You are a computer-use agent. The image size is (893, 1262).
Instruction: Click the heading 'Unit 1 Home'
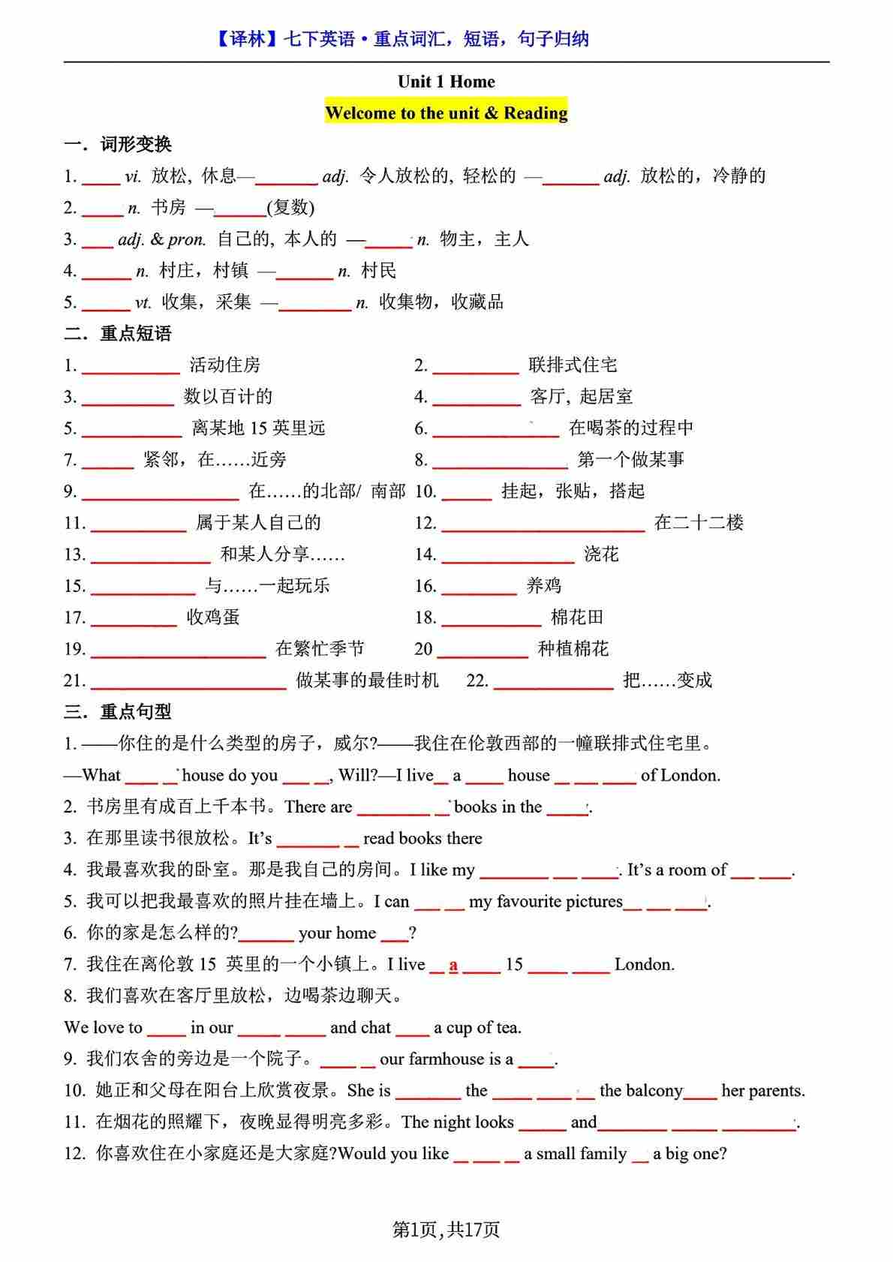tap(446, 82)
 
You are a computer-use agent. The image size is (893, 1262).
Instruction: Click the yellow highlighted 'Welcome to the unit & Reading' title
tap(446, 113)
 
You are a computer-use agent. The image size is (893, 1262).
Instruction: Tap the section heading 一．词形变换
tap(118, 144)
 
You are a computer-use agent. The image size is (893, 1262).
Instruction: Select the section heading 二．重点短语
tap(118, 333)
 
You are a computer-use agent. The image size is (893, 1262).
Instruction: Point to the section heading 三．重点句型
tap(118, 711)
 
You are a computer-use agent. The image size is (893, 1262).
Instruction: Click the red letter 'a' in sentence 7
tap(453, 965)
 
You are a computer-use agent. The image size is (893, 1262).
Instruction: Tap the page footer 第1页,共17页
tap(446, 1229)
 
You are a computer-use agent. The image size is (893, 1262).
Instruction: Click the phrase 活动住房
tap(224, 365)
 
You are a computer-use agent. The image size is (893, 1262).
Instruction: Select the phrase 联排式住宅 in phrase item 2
tap(573, 365)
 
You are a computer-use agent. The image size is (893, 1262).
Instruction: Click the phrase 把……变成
tap(667, 681)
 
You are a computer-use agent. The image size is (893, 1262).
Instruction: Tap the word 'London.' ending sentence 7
tap(644, 965)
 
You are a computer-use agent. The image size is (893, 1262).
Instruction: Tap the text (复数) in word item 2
tap(290, 208)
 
